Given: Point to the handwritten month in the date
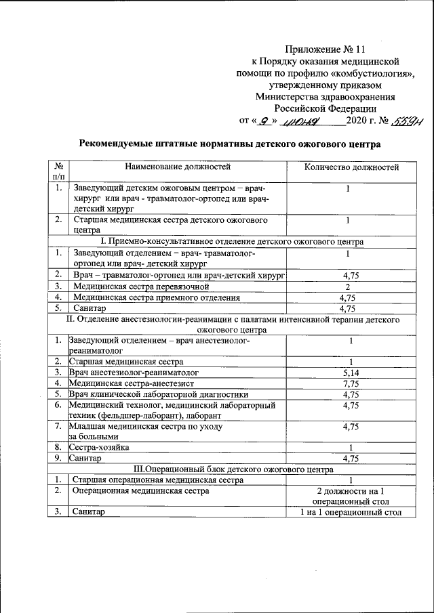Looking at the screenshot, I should [302, 122].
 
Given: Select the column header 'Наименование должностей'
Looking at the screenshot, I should [178, 167].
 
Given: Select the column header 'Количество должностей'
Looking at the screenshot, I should [351, 167].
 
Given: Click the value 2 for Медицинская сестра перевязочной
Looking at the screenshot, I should [347, 285].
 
